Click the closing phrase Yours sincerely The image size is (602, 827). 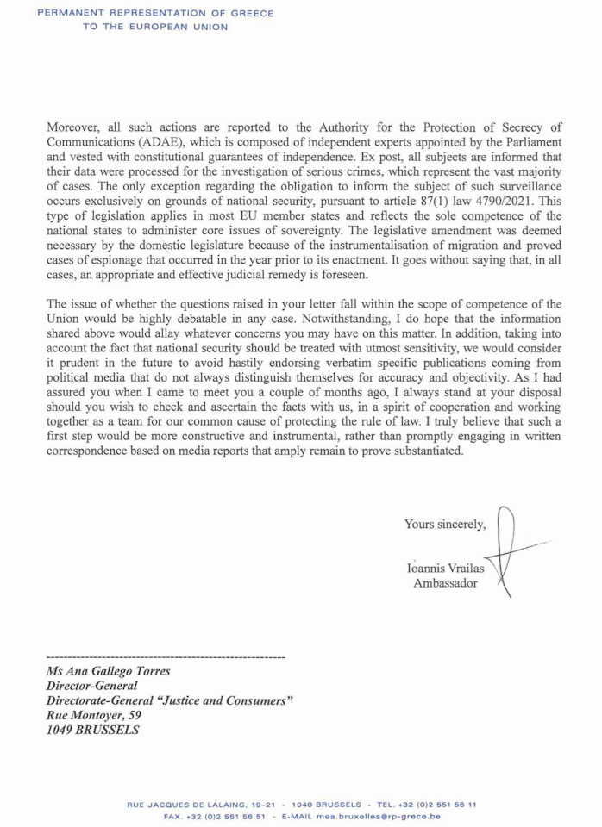coord(444,524)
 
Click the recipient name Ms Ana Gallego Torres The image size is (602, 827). coord(109,670)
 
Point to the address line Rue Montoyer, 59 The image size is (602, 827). coord(92,715)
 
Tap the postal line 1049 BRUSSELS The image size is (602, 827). coord(91,730)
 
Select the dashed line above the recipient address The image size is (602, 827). coord(164,656)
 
